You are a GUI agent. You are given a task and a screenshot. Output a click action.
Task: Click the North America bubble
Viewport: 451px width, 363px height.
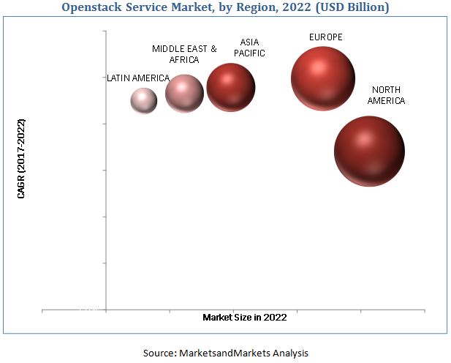point(369,151)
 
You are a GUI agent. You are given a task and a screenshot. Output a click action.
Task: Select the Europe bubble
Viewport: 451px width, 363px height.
point(322,78)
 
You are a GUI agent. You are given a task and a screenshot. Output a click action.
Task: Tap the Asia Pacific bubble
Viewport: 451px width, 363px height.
point(231,87)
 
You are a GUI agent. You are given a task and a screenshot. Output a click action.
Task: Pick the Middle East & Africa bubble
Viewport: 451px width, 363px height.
point(184,93)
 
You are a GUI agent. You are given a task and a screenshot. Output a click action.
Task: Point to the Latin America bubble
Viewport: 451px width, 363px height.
point(144,100)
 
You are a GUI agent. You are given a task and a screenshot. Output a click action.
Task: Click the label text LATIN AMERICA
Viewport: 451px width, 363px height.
point(138,78)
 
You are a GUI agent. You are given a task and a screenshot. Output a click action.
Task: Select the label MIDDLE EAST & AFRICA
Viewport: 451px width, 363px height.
point(184,54)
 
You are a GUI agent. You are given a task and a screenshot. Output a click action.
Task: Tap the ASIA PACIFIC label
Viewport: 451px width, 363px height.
point(251,48)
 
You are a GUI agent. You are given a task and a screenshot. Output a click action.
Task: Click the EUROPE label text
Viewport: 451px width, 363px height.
point(325,37)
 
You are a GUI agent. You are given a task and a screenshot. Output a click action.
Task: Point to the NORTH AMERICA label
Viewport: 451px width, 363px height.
point(386,95)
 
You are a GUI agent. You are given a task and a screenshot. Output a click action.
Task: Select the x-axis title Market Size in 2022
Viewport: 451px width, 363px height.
point(245,317)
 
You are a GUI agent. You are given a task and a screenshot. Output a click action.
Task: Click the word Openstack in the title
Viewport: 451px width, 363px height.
point(95,7)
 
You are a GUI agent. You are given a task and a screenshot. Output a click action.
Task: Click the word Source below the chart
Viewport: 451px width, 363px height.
point(159,353)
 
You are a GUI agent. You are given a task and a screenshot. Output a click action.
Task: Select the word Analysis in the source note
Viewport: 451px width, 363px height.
point(290,353)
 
